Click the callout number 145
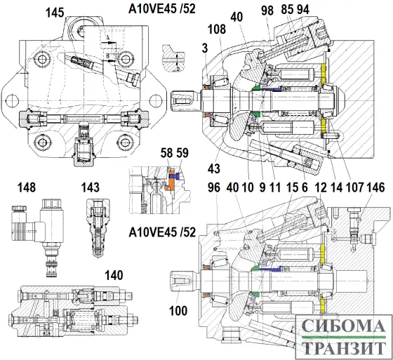tap(55, 12)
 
